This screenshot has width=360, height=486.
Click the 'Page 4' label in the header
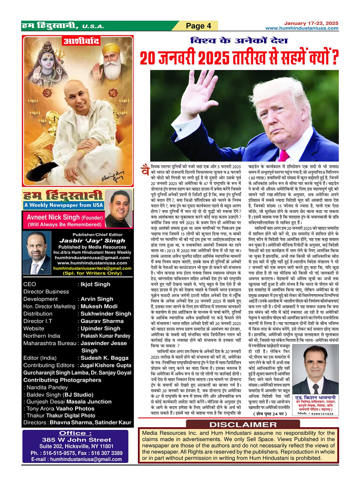pos(198,26)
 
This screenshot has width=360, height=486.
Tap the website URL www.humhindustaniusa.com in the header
pos(302,28)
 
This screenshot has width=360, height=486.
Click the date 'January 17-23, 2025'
pos(311,23)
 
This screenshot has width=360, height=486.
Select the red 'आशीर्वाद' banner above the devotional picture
pos(82,41)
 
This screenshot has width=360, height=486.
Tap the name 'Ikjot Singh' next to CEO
pos(95,284)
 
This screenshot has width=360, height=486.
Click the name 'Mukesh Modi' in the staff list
pos(99,306)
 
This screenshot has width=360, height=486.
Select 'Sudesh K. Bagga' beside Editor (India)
pos(104,358)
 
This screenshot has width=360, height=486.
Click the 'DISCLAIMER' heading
pos(243,424)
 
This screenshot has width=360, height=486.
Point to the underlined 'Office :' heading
pos(75,433)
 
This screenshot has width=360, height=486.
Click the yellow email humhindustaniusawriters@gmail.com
pos(92,268)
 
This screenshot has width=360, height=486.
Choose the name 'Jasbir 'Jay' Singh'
pos(92,241)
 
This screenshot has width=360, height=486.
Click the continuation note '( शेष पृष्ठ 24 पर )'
pos(270,414)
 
